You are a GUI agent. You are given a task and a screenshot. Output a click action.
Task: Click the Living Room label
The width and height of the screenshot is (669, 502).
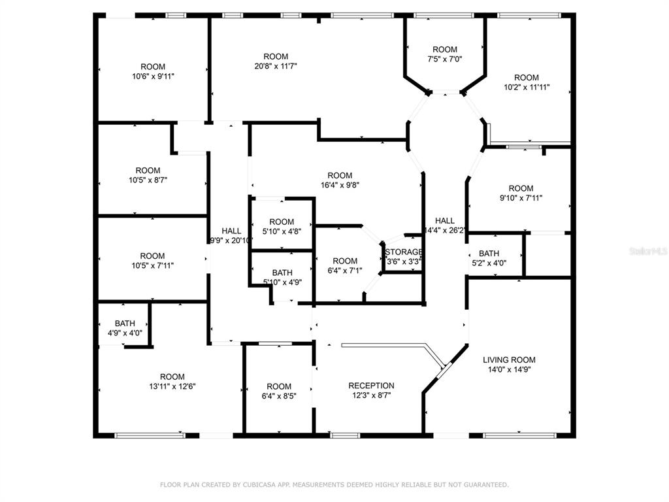pyautogui.click(x=509, y=365)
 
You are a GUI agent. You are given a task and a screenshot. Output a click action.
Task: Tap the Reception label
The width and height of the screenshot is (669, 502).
pyautogui.click(x=371, y=390)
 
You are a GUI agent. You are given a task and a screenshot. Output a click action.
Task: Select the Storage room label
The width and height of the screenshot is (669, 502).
pyautogui.click(x=404, y=256)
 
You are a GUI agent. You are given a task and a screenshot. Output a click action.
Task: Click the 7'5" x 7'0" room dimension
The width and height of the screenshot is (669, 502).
pyautogui.click(x=444, y=59)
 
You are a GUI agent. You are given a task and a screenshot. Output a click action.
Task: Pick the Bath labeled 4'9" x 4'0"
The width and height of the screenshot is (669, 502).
pyautogui.click(x=125, y=328)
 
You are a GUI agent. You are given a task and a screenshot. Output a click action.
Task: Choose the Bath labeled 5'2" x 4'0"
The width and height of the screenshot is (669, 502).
pyautogui.click(x=489, y=258)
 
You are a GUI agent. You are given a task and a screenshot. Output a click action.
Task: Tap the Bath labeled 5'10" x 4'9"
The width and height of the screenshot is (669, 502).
pyautogui.click(x=282, y=277)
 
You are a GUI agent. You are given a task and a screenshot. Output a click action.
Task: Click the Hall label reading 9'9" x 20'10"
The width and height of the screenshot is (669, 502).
pyautogui.click(x=231, y=235)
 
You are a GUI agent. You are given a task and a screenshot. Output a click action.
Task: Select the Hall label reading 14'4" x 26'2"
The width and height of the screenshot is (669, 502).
pyautogui.click(x=444, y=226)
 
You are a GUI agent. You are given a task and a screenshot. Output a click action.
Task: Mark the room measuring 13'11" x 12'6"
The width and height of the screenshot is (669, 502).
pyautogui.click(x=172, y=382)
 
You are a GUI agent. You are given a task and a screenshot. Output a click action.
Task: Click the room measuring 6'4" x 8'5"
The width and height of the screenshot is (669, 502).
pyautogui.click(x=279, y=391)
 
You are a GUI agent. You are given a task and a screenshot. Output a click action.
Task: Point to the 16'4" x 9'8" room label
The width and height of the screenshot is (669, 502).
pyautogui.click(x=340, y=180)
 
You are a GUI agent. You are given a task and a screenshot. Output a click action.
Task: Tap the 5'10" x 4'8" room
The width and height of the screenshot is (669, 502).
pyautogui.click(x=282, y=227)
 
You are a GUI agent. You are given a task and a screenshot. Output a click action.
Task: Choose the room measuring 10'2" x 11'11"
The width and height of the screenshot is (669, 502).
pyautogui.click(x=527, y=82)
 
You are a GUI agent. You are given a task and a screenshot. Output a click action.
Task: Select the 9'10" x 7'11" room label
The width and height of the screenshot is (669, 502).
pyautogui.click(x=521, y=193)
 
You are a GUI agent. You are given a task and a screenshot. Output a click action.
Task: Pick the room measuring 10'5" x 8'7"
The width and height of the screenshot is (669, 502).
pyautogui.click(x=148, y=175)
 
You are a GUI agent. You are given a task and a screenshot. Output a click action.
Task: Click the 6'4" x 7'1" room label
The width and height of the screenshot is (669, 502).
pyautogui.click(x=345, y=265)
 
